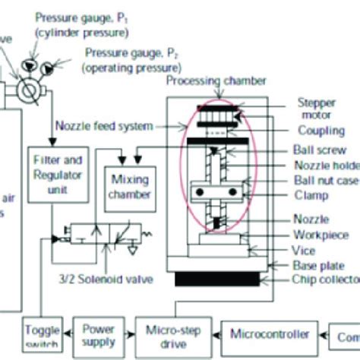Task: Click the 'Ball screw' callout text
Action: coord(314,150)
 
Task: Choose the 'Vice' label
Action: coord(303,250)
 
